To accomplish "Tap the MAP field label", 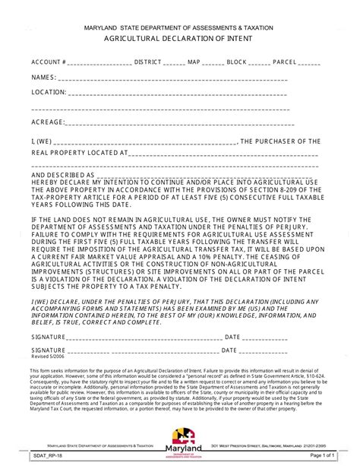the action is click(194, 62).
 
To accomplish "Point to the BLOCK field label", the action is click(236, 62).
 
